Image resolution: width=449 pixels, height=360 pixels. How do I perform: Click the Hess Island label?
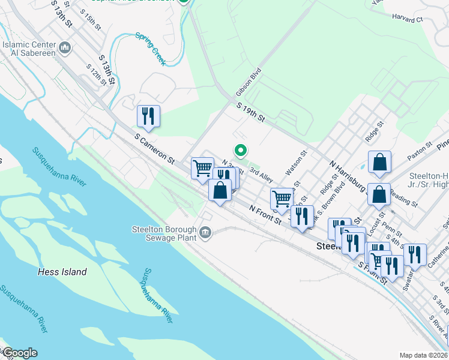[62, 272]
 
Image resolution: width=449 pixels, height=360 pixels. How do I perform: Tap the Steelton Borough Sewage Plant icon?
[206, 232]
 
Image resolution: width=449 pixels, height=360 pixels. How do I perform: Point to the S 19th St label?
[251, 112]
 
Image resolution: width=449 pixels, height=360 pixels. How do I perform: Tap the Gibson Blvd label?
[249, 82]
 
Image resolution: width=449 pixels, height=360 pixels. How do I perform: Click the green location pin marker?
[241, 150]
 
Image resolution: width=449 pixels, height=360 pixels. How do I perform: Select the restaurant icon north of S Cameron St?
[148, 116]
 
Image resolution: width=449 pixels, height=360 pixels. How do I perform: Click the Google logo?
[19, 353]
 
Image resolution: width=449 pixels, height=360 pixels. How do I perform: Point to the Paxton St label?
[420, 155]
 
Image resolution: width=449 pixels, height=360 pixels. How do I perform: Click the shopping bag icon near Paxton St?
[380, 162]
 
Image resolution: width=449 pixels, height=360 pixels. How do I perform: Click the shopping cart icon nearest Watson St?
[281, 199]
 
